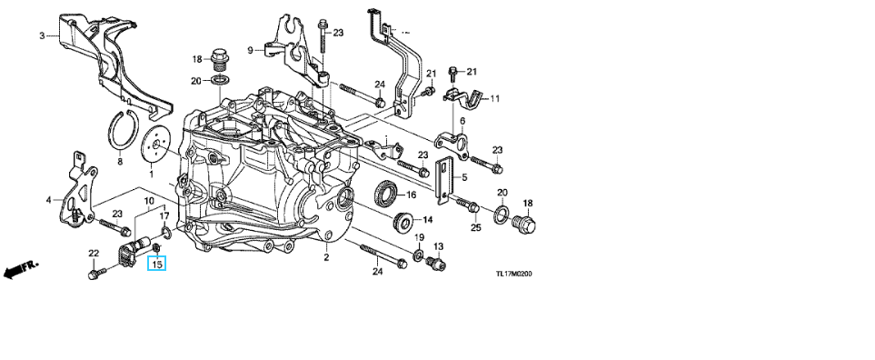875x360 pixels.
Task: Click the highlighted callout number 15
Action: pos(157,263)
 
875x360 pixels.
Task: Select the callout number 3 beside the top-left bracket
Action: pos(42,36)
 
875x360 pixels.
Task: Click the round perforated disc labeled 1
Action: pos(154,146)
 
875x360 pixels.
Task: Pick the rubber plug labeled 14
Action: pos(403,220)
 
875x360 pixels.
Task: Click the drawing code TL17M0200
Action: pos(514,274)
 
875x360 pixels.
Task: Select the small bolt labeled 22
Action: pos(94,274)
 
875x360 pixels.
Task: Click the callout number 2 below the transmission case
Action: pos(326,257)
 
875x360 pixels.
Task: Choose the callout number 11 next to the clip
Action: pos(495,99)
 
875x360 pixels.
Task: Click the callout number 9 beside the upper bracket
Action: pos(251,50)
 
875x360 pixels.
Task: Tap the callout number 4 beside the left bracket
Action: pos(48,199)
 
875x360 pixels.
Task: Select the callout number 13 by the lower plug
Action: pos(438,246)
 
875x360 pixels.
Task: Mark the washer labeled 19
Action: pos(417,255)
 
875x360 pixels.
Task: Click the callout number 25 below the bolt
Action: pos(475,227)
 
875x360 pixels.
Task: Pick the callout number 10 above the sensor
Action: pos(149,200)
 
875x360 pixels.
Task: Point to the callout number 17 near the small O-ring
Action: pos(164,215)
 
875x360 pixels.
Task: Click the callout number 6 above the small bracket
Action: pos(462,121)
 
